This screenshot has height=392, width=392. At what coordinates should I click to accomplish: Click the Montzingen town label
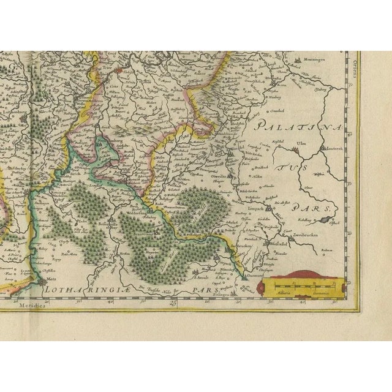tap(317, 59)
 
